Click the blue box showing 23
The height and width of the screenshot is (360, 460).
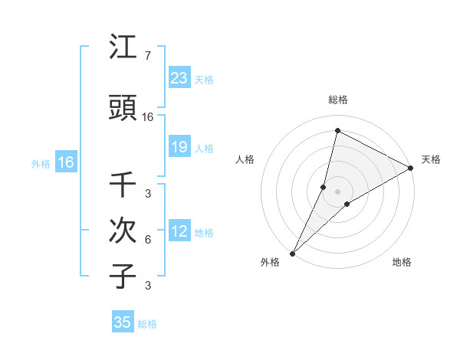(x=179, y=78)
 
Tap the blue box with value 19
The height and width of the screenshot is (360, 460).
(x=179, y=147)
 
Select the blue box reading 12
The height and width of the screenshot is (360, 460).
(x=179, y=231)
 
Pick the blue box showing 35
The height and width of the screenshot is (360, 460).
(x=123, y=322)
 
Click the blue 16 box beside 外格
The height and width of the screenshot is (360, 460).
(x=65, y=162)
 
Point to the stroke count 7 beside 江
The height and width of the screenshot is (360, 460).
(x=147, y=56)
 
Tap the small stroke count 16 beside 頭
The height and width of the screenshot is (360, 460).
(x=148, y=117)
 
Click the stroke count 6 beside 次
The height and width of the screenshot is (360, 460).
(x=147, y=240)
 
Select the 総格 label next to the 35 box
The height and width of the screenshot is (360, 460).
(x=147, y=324)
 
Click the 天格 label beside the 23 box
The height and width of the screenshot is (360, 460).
(x=203, y=79)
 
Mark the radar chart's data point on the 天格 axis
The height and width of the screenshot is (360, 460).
(x=412, y=169)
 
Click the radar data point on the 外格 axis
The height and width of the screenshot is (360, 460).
(x=293, y=253)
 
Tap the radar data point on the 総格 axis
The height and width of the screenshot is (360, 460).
(x=337, y=130)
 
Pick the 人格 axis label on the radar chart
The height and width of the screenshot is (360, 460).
(x=245, y=159)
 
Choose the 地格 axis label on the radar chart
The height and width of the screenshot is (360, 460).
(x=402, y=262)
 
